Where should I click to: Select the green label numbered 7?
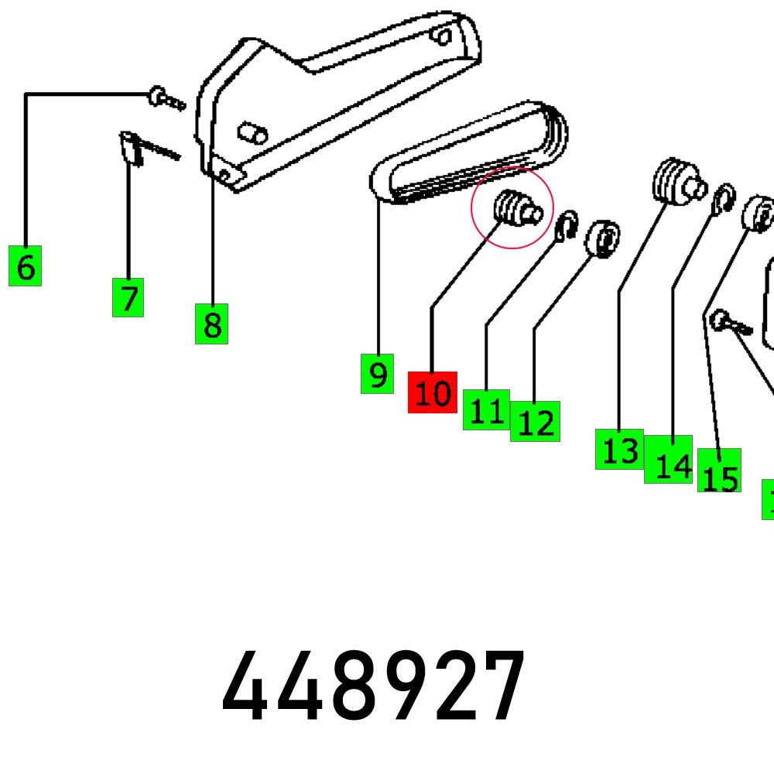(x=128, y=297)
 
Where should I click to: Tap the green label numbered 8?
(x=211, y=324)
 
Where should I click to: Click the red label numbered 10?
(x=433, y=392)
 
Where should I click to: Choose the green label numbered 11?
(x=486, y=409)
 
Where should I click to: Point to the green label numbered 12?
(x=536, y=422)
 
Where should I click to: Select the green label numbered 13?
(x=619, y=449)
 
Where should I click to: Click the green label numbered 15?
(x=719, y=471)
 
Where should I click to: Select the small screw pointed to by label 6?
(x=164, y=98)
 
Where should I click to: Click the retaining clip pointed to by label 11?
(x=567, y=224)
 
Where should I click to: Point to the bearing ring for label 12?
(x=604, y=239)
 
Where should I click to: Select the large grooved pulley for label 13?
(x=675, y=181)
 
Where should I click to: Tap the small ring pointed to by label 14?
(x=722, y=199)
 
